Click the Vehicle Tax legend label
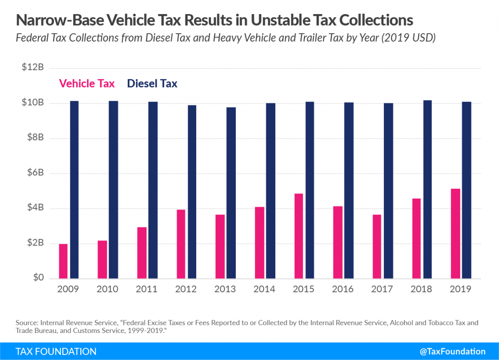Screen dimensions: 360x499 pyautogui.click(x=87, y=84)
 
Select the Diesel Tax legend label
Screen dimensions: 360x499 pyautogui.click(x=152, y=84)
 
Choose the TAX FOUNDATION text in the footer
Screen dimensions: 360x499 pyautogui.click(x=56, y=351)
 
